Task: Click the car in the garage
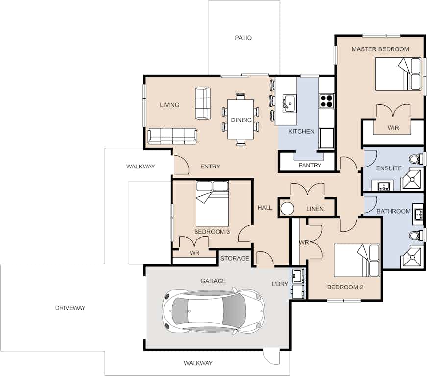pos(214,311)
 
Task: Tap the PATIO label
pos(243,38)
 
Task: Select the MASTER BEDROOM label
pos(380,49)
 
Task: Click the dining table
pos(241,119)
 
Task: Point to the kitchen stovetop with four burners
pos(326,101)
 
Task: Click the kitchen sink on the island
pos(289,103)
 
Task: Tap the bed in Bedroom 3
pos(212,204)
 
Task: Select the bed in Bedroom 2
pos(357,261)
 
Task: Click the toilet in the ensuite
pos(416,159)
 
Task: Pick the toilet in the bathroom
pos(416,235)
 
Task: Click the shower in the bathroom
pos(412,257)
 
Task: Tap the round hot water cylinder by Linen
pos(287,209)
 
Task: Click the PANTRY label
pos(310,165)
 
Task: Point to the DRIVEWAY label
pos(70,308)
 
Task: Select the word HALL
pos(265,208)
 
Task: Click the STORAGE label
pos(235,258)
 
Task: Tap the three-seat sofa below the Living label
pos(172,136)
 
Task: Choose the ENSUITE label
pos(389,168)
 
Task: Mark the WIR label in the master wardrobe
pos(393,128)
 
